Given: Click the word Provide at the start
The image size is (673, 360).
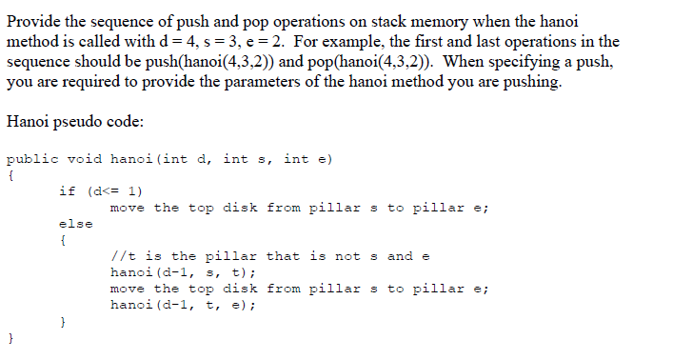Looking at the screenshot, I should tap(33, 21).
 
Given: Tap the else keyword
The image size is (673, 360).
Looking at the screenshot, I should tap(75, 224).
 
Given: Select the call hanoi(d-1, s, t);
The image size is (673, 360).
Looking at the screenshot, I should tap(183, 272).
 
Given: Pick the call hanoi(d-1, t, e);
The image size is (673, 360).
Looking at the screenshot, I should tap(183, 305).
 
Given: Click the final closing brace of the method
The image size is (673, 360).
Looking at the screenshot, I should tap(10, 337).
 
